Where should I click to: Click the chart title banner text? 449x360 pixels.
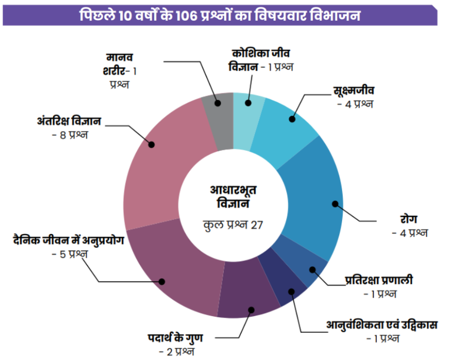pyautogui.click(x=220, y=15)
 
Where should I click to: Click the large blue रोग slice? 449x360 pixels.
pyautogui.click(x=312, y=197)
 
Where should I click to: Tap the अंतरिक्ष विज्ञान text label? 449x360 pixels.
pyautogui.click(x=69, y=122)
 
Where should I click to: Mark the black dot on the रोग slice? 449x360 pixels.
pyautogui.click(x=335, y=204)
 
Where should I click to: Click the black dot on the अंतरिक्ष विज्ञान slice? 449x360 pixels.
pyautogui.click(x=151, y=145)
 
